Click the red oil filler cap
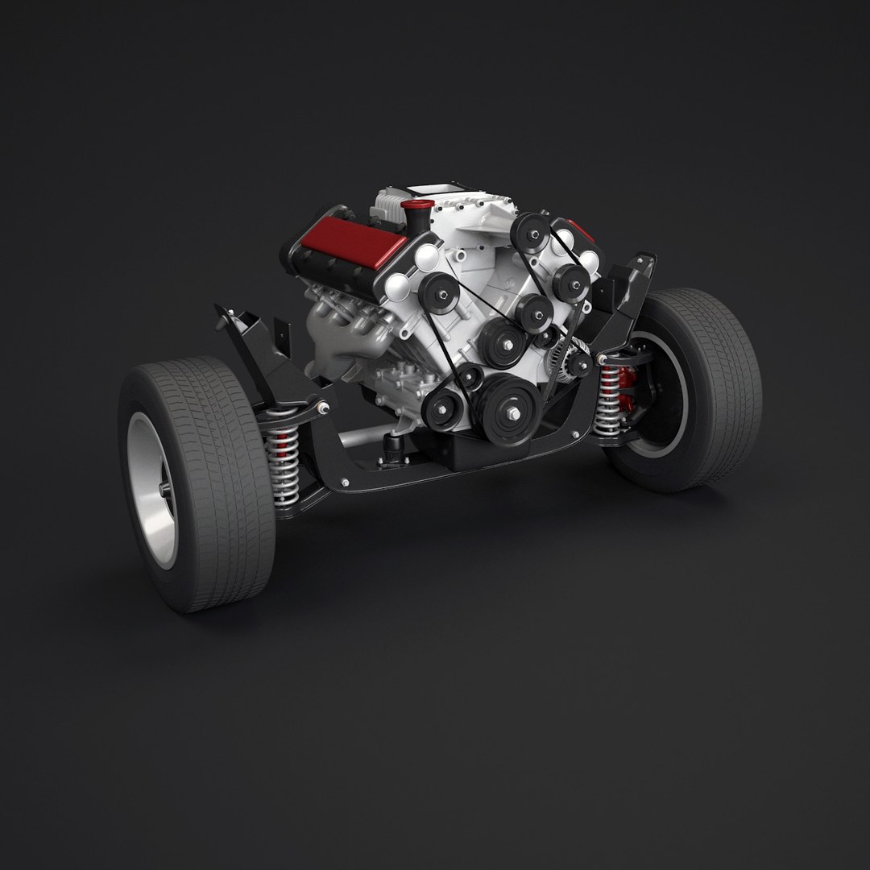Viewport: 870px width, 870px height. coord(417,207)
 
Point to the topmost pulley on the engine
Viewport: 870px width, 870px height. coord(530,231)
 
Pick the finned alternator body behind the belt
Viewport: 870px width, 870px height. coord(561,358)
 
